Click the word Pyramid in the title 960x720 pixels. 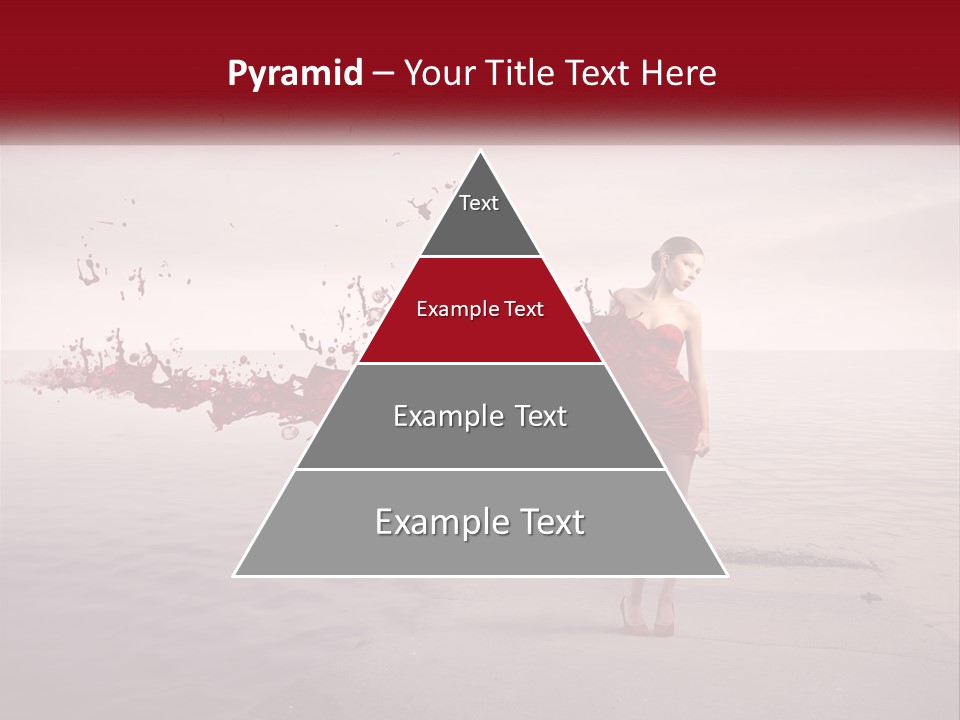[x=294, y=74]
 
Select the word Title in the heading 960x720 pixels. [x=520, y=74]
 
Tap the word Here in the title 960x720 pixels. [x=679, y=74]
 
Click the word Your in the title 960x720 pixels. [x=440, y=74]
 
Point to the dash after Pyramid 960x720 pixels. [x=382, y=74]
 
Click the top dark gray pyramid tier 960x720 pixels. [x=480, y=225]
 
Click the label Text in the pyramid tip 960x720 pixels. [x=479, y=203]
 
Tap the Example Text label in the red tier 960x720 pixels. [x=480, y=309]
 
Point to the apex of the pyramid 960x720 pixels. [x=480, y=153]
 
